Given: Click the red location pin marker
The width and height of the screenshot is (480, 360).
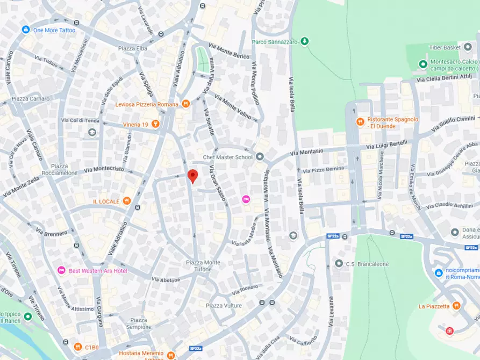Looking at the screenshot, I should point(192,176).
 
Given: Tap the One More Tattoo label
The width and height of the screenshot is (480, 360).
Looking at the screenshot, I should point(54,30).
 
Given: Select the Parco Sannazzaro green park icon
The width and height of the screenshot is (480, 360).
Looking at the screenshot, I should point(305,41).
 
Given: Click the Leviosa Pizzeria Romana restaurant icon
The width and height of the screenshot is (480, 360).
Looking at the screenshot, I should point(185,104).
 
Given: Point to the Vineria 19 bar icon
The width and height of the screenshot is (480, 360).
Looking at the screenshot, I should point(156,124).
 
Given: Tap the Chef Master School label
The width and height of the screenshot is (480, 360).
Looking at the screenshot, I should point(227,157).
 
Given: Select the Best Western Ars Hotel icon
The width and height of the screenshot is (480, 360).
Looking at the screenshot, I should point(61,270).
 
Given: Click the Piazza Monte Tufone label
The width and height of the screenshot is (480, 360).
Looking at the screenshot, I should point(203,265).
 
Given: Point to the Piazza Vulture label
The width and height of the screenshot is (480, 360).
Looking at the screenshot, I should point(224,305).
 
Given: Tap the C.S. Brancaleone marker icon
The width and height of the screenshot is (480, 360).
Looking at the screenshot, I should point(339,263).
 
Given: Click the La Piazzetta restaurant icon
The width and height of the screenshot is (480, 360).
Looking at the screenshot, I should point(456,306).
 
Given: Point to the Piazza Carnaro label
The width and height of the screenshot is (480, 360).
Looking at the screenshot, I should point(30,99).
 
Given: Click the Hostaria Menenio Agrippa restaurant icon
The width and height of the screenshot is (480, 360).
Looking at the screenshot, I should point(171,355).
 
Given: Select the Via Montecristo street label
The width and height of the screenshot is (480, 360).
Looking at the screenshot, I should point(104,169).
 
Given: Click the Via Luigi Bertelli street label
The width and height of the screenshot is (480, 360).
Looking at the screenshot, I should point(387,145).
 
